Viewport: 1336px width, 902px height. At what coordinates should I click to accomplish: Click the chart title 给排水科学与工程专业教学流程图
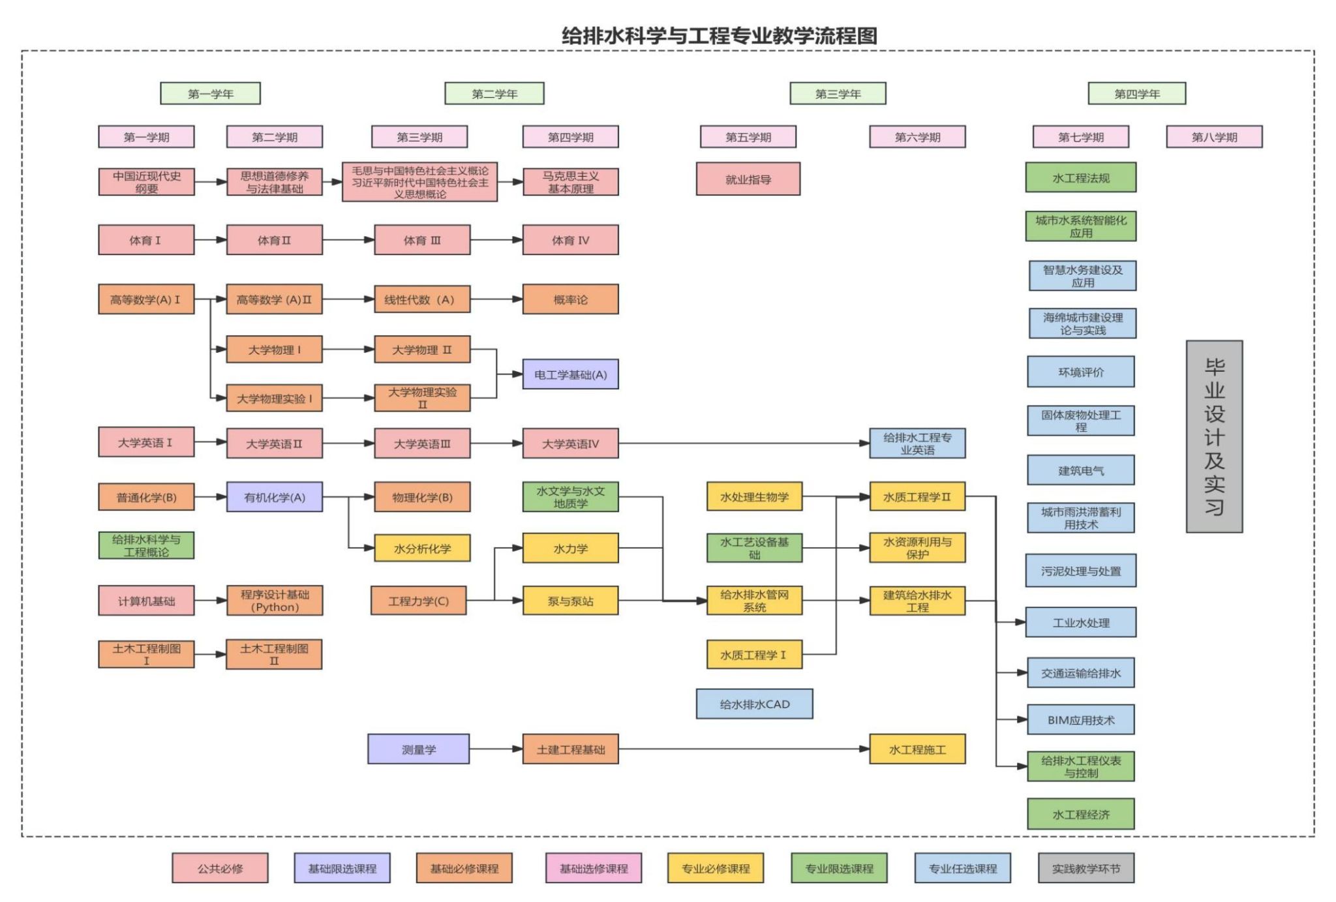tap(719, 35)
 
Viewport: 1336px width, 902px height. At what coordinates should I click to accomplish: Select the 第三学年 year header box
tap(838, 93)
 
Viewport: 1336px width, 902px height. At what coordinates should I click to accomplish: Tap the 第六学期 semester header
tap(917, 137)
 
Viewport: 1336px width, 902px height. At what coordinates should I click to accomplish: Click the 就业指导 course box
tap(748, 179)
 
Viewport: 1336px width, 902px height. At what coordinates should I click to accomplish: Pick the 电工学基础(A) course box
tap(570, 374)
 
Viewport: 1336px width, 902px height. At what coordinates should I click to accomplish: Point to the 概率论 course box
tap(570, 299)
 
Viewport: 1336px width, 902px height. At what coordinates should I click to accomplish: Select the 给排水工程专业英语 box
tap(917, 443)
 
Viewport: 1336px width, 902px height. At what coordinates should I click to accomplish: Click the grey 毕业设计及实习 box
tap(1214, 436)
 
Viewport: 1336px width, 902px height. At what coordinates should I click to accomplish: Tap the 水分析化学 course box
tap(422, 549)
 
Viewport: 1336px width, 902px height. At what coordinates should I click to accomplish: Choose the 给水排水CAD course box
tap(754, 704)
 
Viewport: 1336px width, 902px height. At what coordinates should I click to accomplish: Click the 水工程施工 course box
tap(917, 749)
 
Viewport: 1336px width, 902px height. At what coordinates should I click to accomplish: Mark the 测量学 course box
tap(418, 749)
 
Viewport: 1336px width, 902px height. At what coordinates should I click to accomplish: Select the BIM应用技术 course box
tap(1080, 720)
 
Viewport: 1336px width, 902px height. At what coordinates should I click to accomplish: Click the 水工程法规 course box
tap(1080, 178)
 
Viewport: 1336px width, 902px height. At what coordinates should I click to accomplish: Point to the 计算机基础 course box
tap(146, 601)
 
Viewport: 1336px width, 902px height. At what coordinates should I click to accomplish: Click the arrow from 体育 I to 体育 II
tap(210, 240)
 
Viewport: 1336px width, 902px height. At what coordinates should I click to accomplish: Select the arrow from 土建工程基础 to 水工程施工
tap(744, 749)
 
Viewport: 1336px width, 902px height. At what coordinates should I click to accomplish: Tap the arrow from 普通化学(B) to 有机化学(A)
tap(210, 497)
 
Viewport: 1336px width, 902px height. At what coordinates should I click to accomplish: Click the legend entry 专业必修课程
tap(716, 868)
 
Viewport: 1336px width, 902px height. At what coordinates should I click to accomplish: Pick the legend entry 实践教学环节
tap(1085, 868)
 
